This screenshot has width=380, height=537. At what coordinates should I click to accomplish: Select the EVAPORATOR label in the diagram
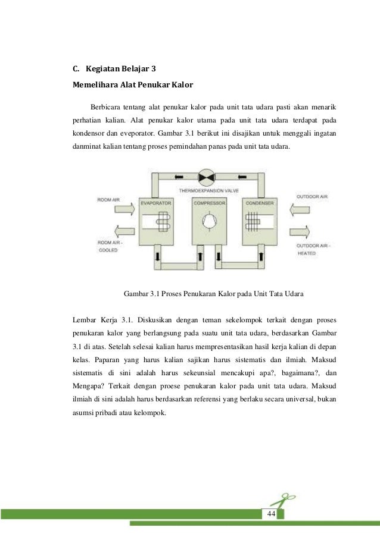click(x=156, y=203)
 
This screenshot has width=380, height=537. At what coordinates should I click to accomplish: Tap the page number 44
click(x=271, y=513)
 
